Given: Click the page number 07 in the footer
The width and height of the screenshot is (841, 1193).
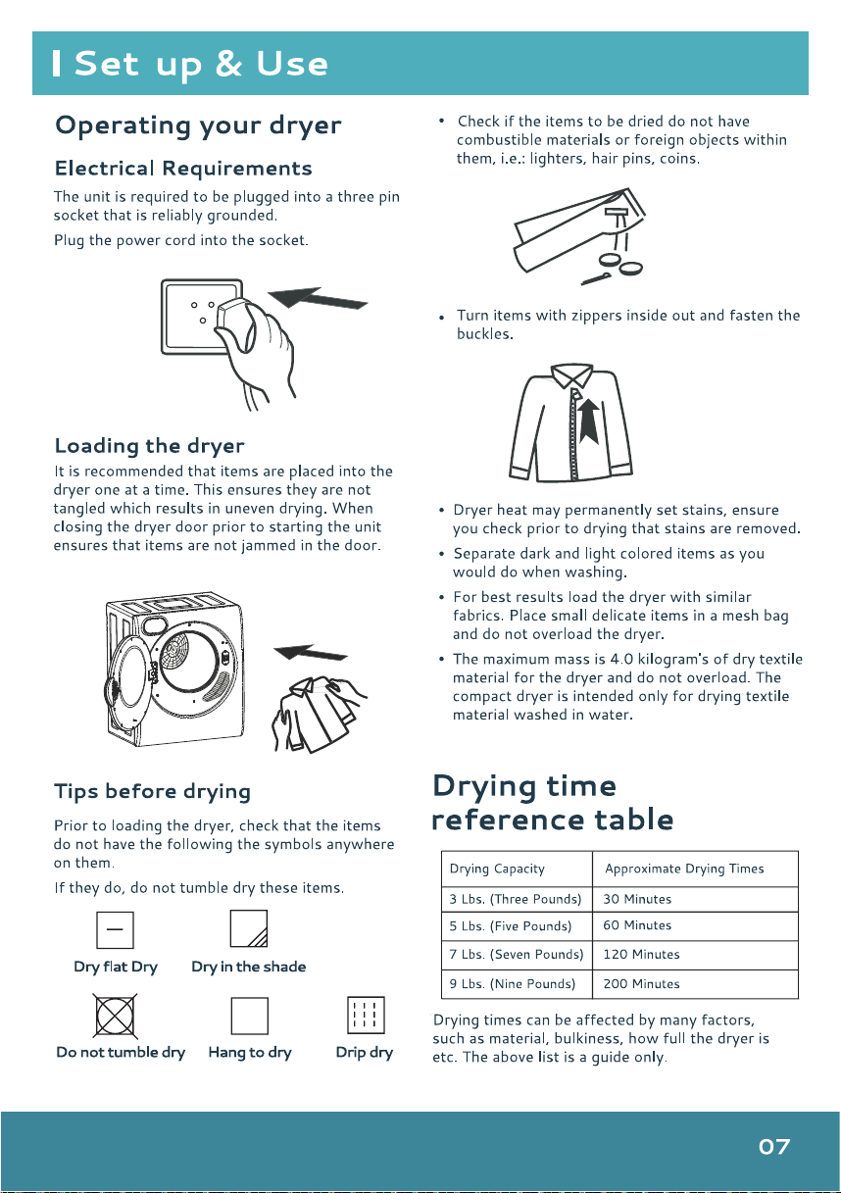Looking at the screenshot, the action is (x=774, y=1147).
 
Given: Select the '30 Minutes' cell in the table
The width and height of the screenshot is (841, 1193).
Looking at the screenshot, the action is (x=695, y=899).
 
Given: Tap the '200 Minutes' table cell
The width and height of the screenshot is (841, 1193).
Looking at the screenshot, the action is (x=695, y=983).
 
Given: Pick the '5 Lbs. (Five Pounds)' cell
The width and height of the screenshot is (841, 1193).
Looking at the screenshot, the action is (x=517, y=926).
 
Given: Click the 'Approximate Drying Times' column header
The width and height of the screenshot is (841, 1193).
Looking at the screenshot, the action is (x=695, y=869).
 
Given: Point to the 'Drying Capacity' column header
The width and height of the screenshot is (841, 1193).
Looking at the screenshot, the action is (x=517, y=869).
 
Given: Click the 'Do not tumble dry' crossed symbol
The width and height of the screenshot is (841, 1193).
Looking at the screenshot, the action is (x=115, y=1017).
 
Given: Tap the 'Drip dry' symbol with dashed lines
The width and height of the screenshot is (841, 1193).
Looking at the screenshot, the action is (x=366, y=1016).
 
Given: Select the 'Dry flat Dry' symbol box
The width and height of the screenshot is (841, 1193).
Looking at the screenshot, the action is (x=115, y=930).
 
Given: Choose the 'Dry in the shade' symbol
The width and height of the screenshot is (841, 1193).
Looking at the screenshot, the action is (x=249, y=928).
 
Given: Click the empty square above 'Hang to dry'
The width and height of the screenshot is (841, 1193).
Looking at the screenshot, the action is (x=249, y=1016).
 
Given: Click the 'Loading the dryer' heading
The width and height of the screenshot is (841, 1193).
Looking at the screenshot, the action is (x=150, y=446).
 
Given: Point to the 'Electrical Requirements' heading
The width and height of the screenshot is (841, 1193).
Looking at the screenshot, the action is (x=183, y=169).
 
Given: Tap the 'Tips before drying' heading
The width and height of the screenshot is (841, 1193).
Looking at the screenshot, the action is (x=152, y=791).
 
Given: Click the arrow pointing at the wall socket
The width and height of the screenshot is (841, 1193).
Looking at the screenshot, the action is (x=318, y=297).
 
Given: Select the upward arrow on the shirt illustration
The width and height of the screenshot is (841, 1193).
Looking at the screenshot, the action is (x=589, y=422).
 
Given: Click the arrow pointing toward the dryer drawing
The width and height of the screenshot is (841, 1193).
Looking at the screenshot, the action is (x=311, y=652).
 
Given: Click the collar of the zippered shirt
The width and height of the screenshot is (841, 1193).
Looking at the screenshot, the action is (x=572, y=374).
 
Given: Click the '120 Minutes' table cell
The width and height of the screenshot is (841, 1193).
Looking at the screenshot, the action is (x=695, y=955).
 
